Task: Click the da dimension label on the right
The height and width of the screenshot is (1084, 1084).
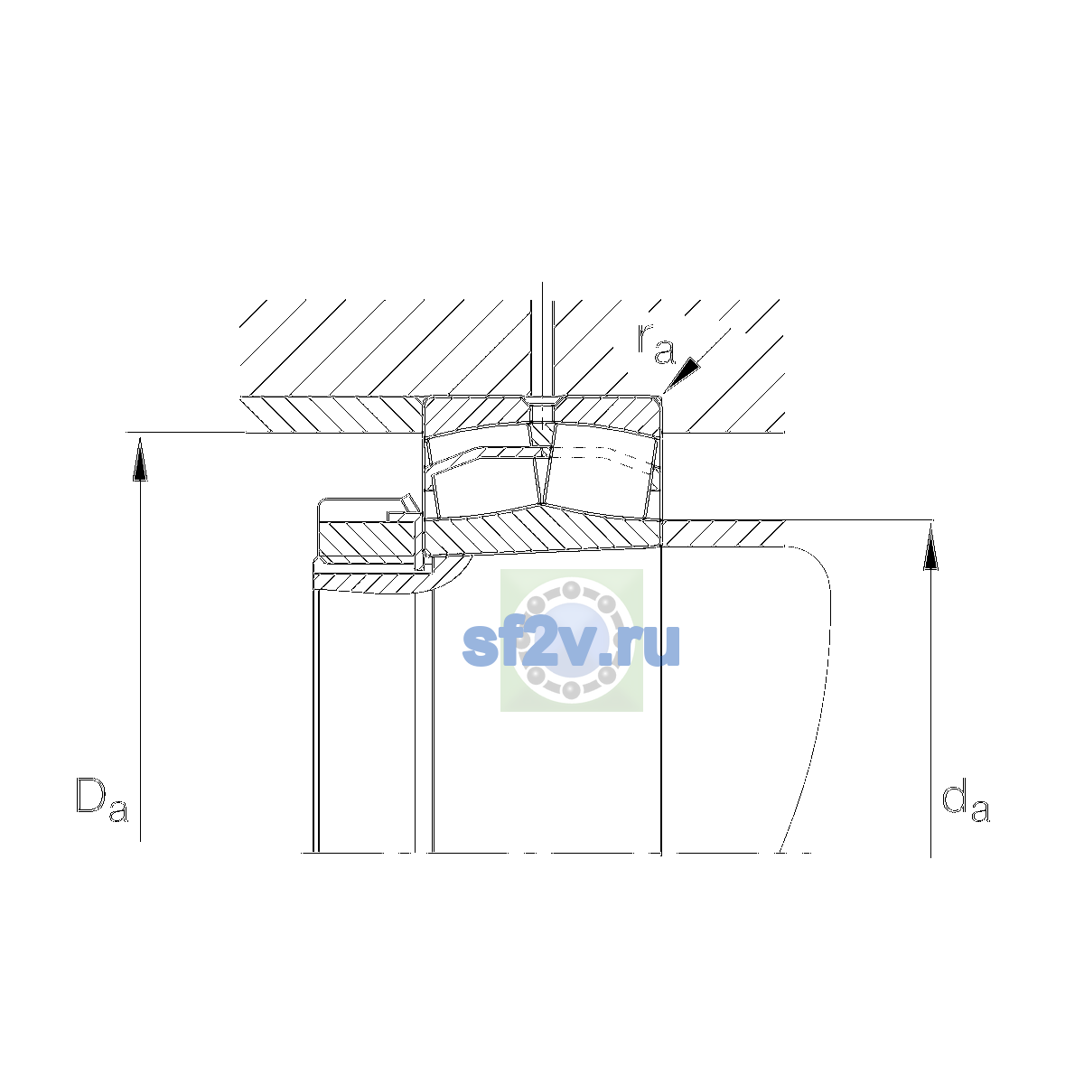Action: pos(966,800)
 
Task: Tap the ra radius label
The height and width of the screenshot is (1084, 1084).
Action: pos(655,343)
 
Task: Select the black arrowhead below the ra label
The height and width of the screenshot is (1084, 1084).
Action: pos(683,373)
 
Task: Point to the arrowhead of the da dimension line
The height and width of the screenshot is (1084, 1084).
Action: pos(931,547)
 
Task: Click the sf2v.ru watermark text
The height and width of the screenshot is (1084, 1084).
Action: pos(571,647)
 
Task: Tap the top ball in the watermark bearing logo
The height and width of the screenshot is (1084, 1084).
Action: pos(571,591)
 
